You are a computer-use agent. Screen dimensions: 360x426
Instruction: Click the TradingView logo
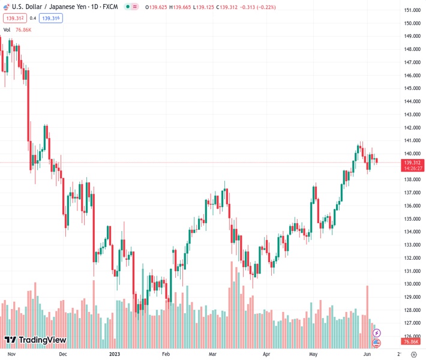pos(35,340)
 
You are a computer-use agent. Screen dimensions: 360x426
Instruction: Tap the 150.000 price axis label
pos(412,23)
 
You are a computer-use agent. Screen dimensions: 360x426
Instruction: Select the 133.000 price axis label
pos(412,245)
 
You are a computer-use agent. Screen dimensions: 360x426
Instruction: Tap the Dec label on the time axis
pos(63,354)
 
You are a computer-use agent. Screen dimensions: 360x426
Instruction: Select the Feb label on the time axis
pos(166,354)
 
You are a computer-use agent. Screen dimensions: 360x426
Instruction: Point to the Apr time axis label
pos(267,354)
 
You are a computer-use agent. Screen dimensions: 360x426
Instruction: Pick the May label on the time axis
pos(313,354)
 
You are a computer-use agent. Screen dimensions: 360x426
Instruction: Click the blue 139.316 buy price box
pos(52,18)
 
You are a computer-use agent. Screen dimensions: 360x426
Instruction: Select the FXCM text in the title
pos(109,7)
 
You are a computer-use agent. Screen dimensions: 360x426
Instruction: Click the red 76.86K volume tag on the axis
pos(411,341)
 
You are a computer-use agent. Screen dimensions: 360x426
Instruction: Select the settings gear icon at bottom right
pos(413,354)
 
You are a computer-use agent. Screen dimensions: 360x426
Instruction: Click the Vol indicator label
pos(7,29)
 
